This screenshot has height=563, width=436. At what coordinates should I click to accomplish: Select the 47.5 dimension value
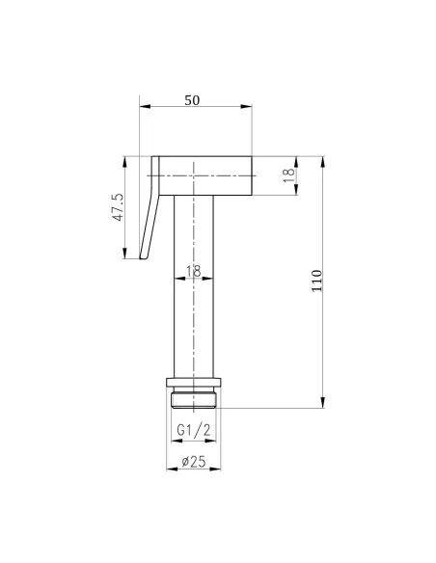click(x=117, y=207)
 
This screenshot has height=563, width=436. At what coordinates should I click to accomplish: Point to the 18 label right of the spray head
click(x=286, y=175)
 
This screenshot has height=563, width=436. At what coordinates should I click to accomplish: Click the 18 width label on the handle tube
click(x=195, y=274)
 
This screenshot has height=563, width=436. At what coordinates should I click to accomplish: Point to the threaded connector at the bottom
click(x=195, y=398)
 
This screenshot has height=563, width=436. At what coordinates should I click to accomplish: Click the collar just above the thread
click(x=195, y=383)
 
